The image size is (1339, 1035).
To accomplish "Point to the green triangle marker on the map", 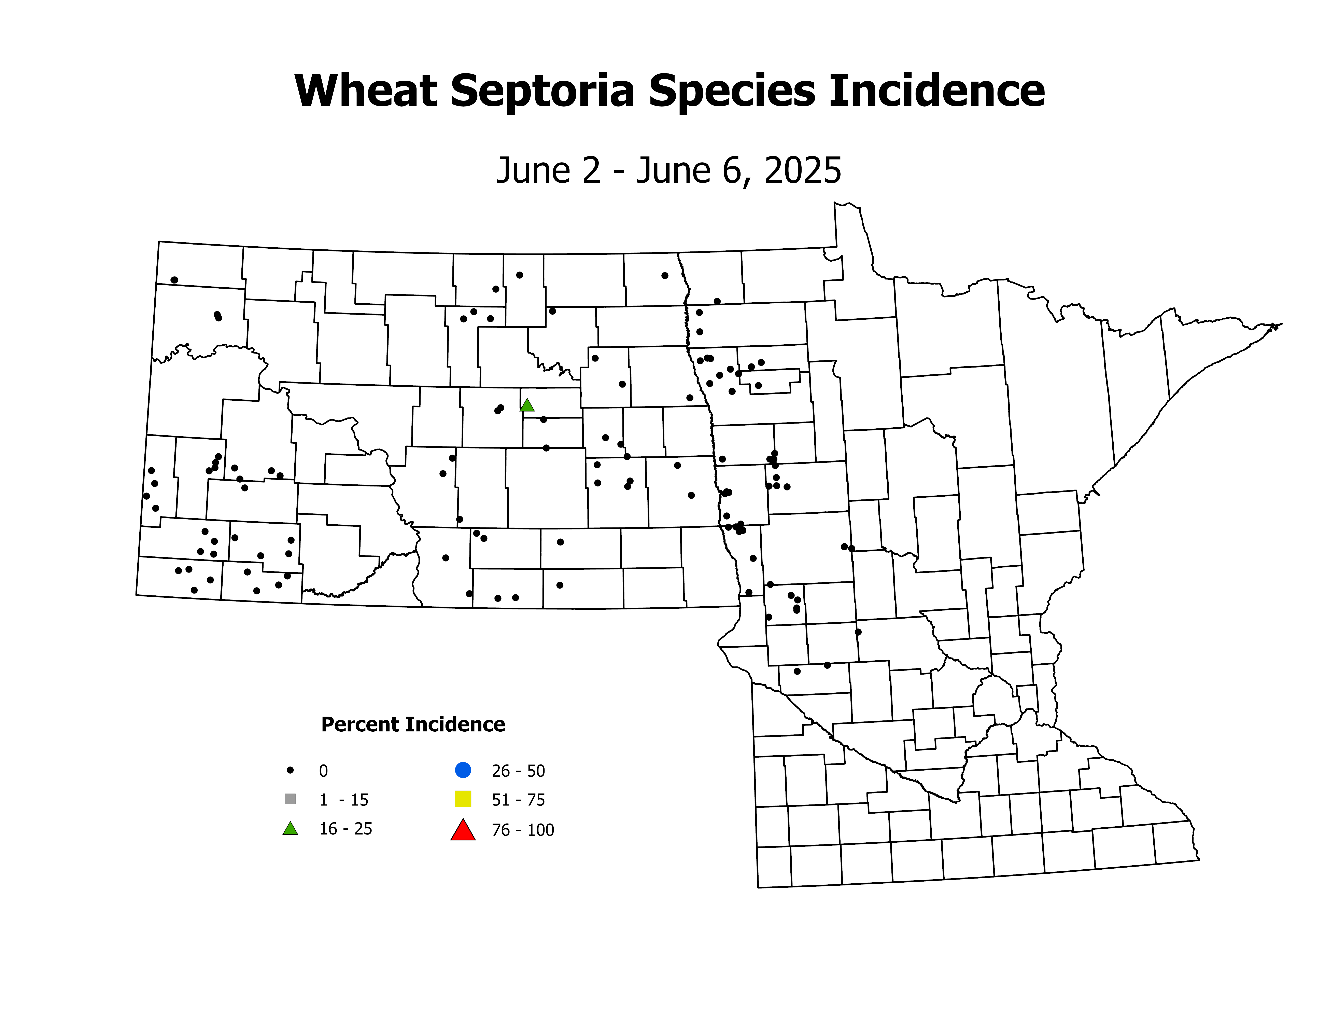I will [527, 405].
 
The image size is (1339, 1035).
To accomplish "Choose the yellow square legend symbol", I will [463, 799].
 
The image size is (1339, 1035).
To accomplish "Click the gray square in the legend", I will [291, 799].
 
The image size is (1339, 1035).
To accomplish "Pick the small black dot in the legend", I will [291, 770].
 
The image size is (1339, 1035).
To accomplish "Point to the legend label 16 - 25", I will [346, 829].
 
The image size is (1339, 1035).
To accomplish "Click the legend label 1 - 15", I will [343, 800].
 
